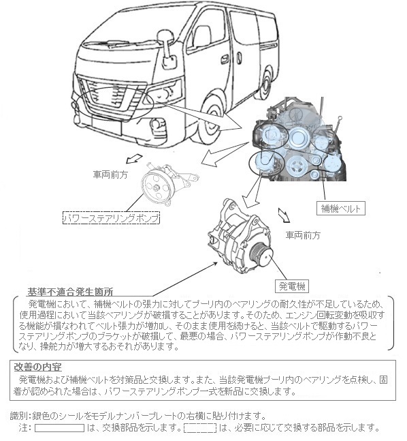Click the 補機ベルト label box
click(341, 209)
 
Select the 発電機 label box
click(291, 286)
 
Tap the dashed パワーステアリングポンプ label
click(111, 218)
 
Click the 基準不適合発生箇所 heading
click(70, 292)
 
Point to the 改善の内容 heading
click(37, 367)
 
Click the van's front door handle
click(225, 59)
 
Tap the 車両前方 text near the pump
click(110, 174)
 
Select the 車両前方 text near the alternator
click(303, 235)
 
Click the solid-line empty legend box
click(59, 428)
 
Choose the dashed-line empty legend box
click(200, 428)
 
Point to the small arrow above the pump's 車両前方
click(134, 159)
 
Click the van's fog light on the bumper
click(156, 124)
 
